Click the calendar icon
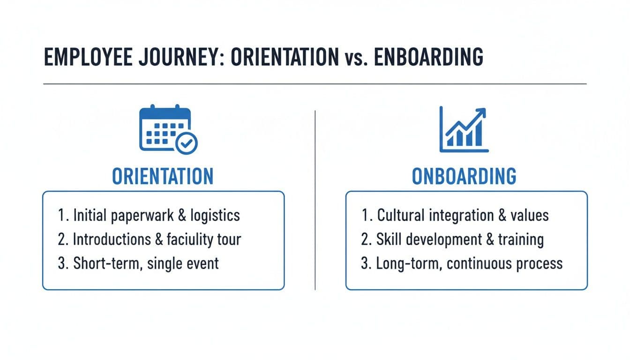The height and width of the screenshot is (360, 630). tap(165, 128)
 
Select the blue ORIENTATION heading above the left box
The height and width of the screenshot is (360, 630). tap(163, 176)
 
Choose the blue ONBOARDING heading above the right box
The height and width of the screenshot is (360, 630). tap(464, 176)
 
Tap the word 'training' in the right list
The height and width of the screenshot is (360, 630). tap(521, 239)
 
